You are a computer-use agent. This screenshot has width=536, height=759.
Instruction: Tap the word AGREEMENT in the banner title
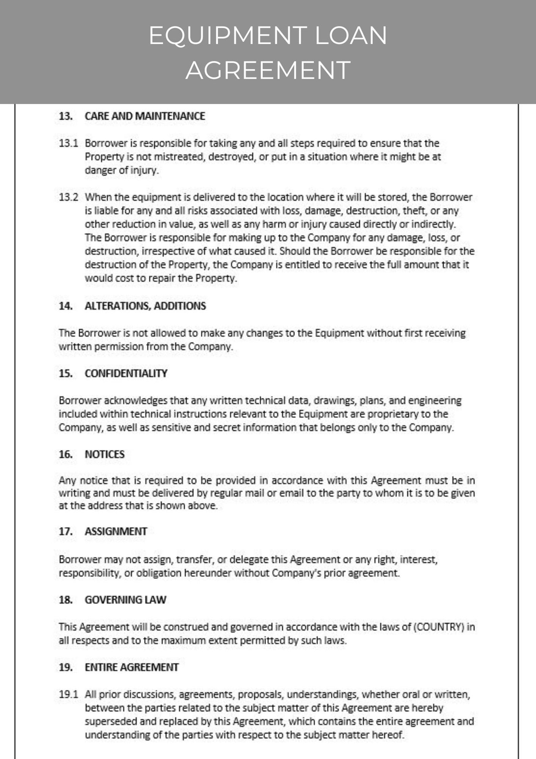pyautogui.click(x=268, y=70)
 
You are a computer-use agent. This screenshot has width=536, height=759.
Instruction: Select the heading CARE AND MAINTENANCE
pyautogui.click(x=145, y=116)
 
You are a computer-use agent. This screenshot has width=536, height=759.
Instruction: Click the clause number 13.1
pyautogui.click(x=68, y=143)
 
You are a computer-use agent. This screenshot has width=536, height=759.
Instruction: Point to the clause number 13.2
pyautogui.click(x=68, y=197)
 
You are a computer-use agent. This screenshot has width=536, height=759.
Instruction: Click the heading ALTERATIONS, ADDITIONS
pyautogui.click(x=145, y=306)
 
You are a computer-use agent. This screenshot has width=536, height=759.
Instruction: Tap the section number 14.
pyautogui.click(x=66, y=306)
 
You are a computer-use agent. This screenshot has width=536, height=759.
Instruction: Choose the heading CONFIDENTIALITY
pyautogui.click(x=126, y=373)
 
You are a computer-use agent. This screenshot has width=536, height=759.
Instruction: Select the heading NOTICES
pyautogui.click(x=105, y=454)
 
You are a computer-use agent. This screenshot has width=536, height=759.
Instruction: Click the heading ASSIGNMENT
pyautogui.click(x=116, y=531)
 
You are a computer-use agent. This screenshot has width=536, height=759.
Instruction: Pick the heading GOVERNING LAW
pyautogui.click(x=126, y=600)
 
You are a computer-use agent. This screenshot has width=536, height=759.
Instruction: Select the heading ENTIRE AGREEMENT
pyautogui.click(x=132, y=667)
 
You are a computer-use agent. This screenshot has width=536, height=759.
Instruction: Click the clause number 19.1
pyautogui.click(x=68, y=694)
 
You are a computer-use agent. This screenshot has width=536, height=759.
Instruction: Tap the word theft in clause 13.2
pyautogui.click(x=414, y=211)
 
